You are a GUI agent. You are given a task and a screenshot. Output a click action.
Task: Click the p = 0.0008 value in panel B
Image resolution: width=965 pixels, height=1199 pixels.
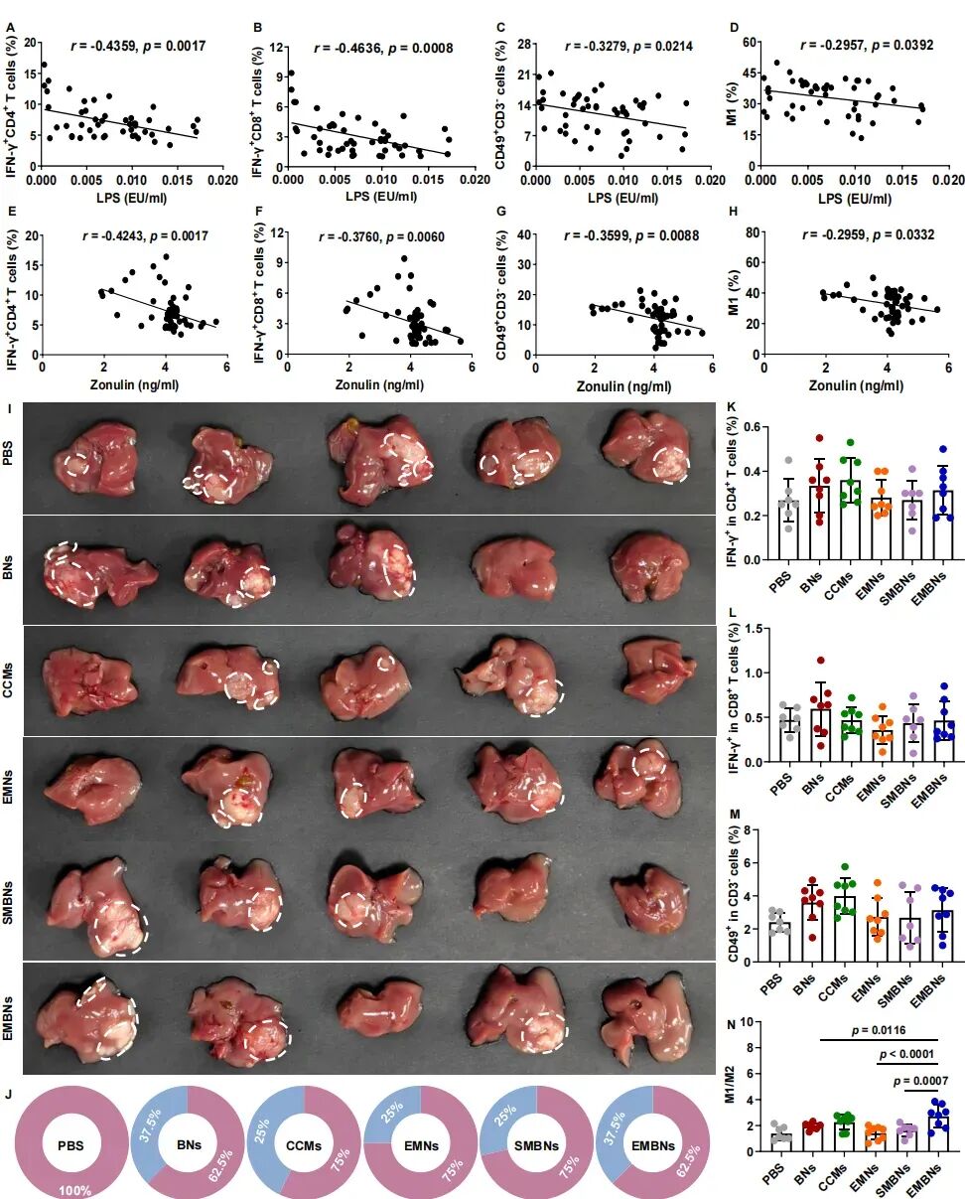[x=420, y=49]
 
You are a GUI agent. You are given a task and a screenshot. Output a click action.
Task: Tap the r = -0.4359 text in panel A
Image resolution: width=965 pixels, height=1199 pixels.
[x=103, y=47]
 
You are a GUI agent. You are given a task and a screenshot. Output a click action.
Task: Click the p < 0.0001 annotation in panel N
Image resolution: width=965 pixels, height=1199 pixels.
[x=906, y=1054]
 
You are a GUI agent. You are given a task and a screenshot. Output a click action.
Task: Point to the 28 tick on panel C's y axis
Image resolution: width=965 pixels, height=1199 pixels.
[x=524, y=44]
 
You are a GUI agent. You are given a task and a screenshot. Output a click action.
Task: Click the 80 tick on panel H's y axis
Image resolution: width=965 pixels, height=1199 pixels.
[x=753, y=232]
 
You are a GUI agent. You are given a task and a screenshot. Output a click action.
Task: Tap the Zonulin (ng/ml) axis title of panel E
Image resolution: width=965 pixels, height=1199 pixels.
[x=134, y=383]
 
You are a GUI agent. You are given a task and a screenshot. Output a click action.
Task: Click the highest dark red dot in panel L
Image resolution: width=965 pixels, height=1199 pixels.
[x=820, y=661]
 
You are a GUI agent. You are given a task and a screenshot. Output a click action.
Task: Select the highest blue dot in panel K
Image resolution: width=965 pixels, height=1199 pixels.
[x=943, y=449]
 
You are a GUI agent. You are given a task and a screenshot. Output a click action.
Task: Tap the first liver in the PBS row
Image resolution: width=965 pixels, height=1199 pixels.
[x=95, y=460]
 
